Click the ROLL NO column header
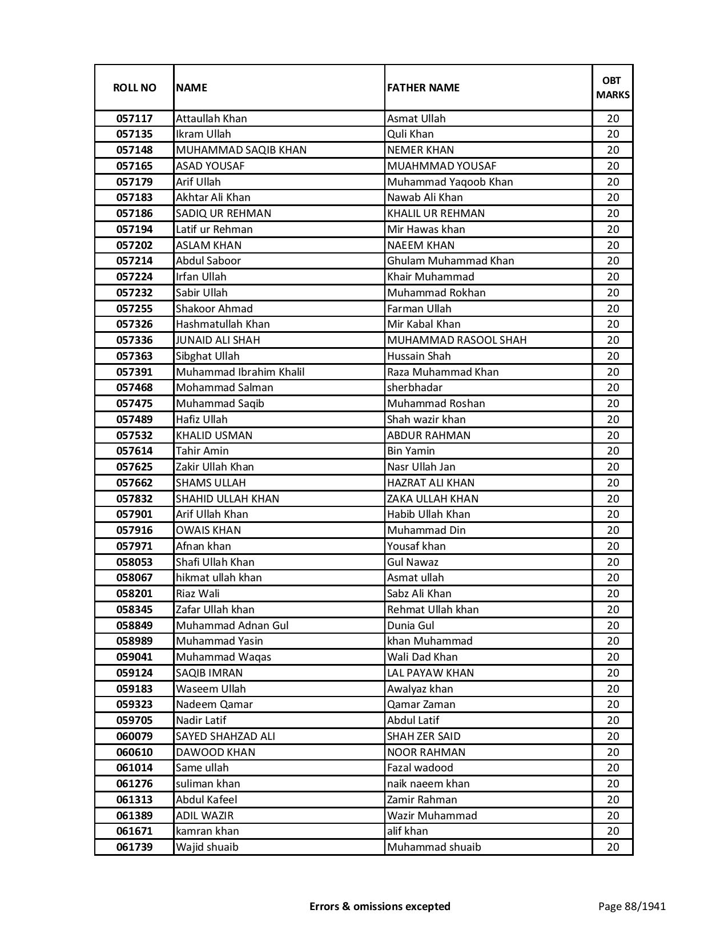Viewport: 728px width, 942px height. click(134, 88)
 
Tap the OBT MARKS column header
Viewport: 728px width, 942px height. click(613, 88)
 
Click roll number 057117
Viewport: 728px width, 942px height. click(134, 119)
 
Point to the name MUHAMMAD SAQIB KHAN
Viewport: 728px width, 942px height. click(241, 150)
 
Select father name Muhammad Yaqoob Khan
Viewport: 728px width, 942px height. click(450, 182)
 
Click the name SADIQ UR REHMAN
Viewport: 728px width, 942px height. click(223, 214)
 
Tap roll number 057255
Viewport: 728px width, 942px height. click(134, 309)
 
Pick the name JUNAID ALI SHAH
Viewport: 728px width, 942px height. click(218, 340)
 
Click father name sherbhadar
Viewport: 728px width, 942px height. click(415, 388)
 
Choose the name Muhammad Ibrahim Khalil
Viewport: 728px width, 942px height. click(240, 372)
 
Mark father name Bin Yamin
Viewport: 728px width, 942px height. click(411, 451)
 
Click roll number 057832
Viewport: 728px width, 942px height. click(134, 498)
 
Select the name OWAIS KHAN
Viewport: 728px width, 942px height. click(208, 530)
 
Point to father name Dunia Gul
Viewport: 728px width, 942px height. click(411, 626)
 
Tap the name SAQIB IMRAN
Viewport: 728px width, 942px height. click(209, 673)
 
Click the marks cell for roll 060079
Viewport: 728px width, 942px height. click(613, 736)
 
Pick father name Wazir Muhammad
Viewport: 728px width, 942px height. click(432, 816)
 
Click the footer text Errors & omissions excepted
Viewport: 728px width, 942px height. click(380, 906)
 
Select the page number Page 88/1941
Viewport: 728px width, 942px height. click(632, 906)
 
